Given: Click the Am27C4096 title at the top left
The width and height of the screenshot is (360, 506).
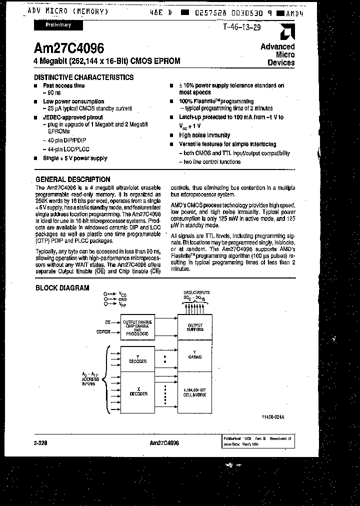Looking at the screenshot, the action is (x=69, y=48).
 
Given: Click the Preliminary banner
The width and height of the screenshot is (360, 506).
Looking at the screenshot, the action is (x=59, y=24).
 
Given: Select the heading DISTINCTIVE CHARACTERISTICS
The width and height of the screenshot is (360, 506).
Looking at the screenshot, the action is (x=83, y=77).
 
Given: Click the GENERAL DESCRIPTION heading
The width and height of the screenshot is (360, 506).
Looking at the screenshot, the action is (x=73, y=179).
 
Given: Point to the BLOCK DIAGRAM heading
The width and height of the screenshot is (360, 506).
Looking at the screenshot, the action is (x=62, y=288).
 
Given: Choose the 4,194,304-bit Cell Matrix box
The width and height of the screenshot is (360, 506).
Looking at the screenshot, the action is (x=195, y=393).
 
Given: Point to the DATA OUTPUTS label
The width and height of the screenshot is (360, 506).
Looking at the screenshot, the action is (x=196, y=292).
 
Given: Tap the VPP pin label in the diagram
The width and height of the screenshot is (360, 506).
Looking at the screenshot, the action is (x=122, y=304).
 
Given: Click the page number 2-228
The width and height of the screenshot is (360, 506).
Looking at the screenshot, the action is (x=41, y=443).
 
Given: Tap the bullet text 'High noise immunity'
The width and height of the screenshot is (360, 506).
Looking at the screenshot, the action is (x=204, y=135).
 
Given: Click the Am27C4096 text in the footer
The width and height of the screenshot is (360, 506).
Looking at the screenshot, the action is (x=164, y=443).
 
